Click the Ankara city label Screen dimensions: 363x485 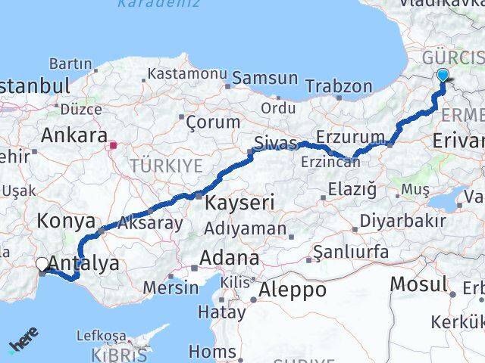click(74, 136)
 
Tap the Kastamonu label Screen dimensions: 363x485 click(187, 74)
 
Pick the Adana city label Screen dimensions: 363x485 click(229, 259)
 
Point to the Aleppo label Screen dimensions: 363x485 click(292, 290)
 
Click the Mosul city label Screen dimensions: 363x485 click(418, 284)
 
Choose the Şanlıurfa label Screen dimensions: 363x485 click(351, 252)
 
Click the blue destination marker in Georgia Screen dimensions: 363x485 click(443, 76)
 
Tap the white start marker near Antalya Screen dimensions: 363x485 click(42, 264)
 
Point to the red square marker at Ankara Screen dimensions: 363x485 click(113, 144)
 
